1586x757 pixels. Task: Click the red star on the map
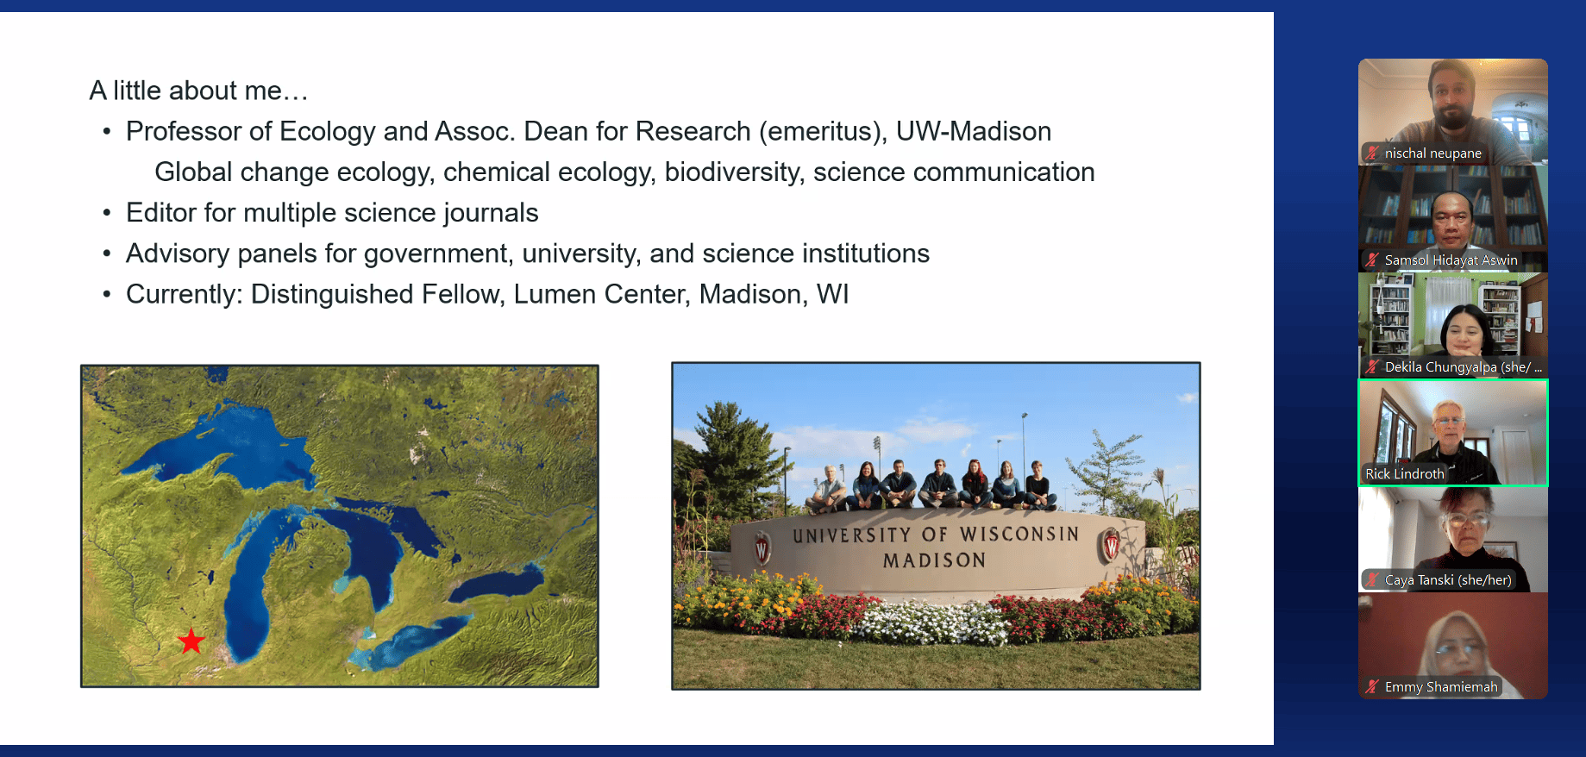click(191, 641)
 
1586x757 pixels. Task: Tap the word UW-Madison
click(974, 131)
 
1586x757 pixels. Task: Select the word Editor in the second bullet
click(161, 212)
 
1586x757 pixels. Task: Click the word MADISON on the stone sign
click(934, 560)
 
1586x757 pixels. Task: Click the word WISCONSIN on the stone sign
click(1019, 535)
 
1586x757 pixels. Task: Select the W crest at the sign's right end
click(1111, 545)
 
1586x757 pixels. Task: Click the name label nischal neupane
click(1432, 153)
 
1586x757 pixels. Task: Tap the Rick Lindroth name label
click(1404, 473)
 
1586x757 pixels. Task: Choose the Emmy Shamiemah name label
click(1441, 687)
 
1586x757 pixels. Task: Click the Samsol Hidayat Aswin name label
click(1451, 260)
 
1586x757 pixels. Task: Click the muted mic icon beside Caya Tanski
click(1371, 579)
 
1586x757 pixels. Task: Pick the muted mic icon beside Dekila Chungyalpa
click(1371, 366)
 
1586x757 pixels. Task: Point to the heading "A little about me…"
click(198, 91)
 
